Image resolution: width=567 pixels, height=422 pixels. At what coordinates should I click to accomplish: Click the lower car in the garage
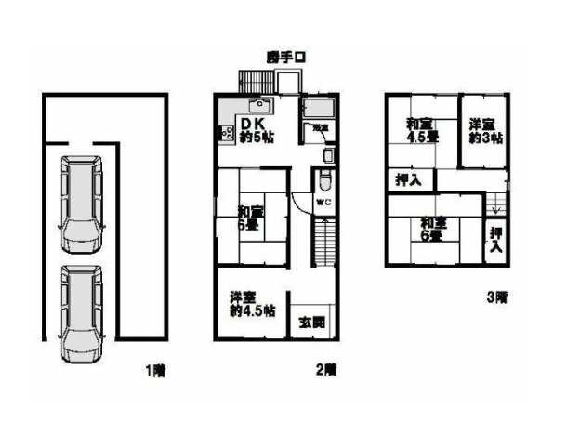coord(83,311)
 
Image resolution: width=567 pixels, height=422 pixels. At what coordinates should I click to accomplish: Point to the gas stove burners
coord(224,135)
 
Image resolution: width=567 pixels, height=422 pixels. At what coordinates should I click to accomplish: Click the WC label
coord(323,202)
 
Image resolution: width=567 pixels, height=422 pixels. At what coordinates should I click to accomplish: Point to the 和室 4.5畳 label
coord(421,129)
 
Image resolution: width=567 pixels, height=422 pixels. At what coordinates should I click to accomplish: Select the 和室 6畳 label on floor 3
coord(430,229)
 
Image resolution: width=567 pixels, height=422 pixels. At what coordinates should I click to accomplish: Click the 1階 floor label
coord(155,372)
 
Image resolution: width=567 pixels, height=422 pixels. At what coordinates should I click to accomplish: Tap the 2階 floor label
coord(326,372)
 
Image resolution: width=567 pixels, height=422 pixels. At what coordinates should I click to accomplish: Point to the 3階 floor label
coord(497,299)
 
